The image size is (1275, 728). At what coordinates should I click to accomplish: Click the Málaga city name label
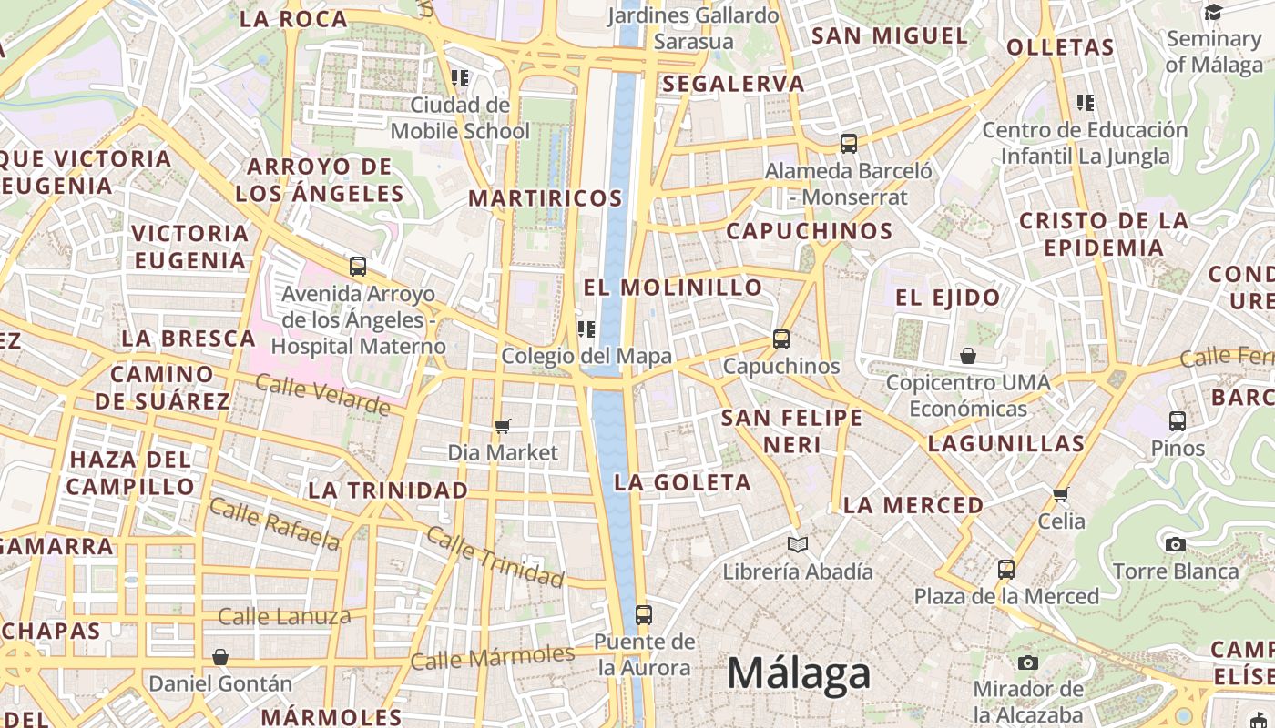799,673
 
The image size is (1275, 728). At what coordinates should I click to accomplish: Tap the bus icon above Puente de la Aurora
644,614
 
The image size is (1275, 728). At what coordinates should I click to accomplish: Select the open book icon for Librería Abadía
798,544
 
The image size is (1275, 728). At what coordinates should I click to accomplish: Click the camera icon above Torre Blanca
1176,544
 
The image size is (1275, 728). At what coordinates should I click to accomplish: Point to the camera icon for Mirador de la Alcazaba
1028,662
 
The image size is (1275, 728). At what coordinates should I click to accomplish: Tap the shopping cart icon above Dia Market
502,425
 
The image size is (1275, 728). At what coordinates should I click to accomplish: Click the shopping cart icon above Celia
1060,494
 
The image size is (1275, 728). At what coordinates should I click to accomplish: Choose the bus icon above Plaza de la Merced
1006,569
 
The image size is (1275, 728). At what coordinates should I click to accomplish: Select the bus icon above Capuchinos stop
781,339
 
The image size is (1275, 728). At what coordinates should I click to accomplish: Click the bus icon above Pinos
1178,420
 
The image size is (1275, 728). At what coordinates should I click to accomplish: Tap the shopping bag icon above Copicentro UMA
968,355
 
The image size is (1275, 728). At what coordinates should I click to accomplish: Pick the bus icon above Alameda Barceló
849,143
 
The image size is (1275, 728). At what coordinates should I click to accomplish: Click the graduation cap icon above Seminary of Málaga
1213,12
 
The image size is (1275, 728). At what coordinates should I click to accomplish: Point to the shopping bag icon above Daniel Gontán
219,656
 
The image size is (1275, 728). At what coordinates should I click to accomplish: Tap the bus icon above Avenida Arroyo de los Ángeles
358,267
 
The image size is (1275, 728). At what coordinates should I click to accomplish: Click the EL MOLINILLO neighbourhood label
673,288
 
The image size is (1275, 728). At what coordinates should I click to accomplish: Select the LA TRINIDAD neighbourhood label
388,490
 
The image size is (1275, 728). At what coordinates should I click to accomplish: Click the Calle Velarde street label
322,395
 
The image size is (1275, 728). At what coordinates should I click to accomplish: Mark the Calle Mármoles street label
492,657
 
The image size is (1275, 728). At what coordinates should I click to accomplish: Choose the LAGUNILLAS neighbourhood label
1006,444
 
